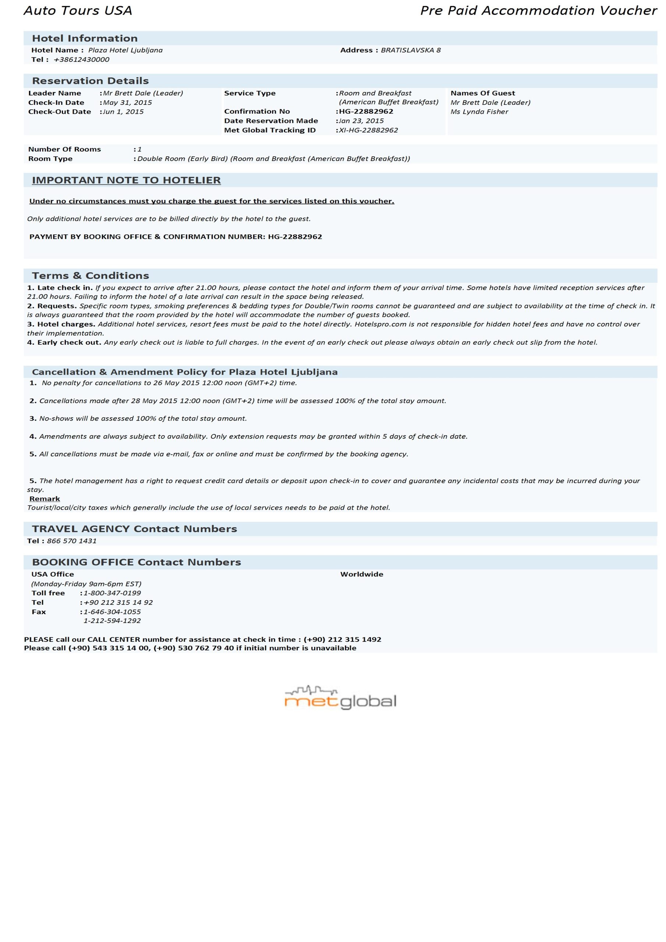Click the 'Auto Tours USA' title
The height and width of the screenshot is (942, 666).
pyautogui.click(x=78, y=11)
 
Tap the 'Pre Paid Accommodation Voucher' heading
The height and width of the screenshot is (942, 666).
pyautogui.click(x=538, y=11)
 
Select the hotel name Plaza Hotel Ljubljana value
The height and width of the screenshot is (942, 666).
pyautogui.click(x=125, y=50)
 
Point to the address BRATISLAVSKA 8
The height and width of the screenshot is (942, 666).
pyautogui.click(x=410, y=50)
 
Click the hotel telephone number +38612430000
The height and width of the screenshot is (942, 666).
pyautogui.click(x=81, y=60)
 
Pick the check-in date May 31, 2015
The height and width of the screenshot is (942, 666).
pyautogui.click(x=127, y=103)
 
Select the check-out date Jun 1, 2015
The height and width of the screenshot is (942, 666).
pyautogui.click(x=123, y=111)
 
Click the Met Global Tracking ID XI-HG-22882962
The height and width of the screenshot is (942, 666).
pyautogui.click(x=368, y=130)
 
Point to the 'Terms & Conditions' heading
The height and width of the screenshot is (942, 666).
pyautogui.click(x=90, y=275)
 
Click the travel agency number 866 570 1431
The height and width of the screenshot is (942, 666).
pyautogui.click(x=71, y=541)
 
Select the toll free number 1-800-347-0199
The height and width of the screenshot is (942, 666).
pyautogui.click(x=112, y=593)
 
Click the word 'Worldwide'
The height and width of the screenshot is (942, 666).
pyautogui.click(x=362, y=574)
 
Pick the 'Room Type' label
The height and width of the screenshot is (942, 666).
pyautogui.click(x=50, y=159)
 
